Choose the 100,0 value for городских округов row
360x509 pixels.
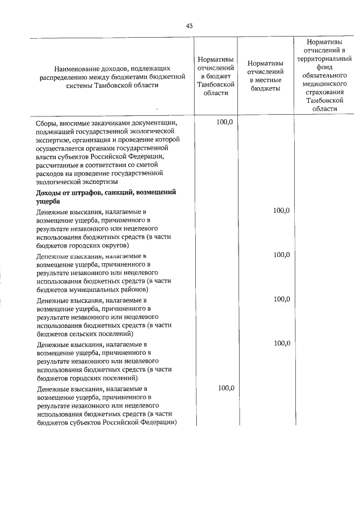click(x=281, y=210)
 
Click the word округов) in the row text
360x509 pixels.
click(x=114, y=246)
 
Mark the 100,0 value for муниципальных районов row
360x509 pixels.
click(x=281, y=255)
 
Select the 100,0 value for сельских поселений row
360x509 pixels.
click(x=281, y=299)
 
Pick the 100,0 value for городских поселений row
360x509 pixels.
click(x=281, y=343)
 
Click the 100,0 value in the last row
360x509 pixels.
click(x=226, y=388)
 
